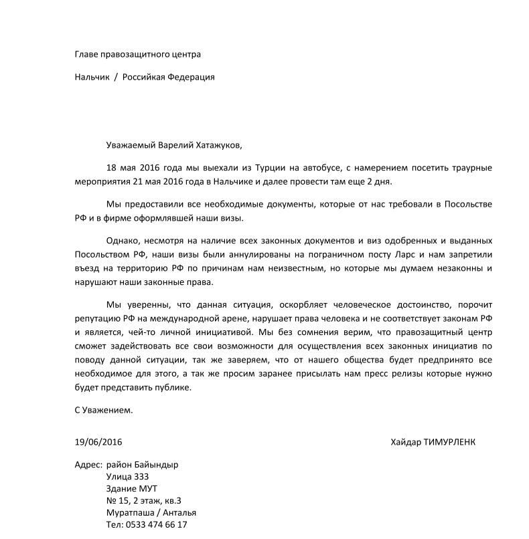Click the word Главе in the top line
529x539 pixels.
[88, 54]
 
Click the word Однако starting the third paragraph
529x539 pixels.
[123, 240]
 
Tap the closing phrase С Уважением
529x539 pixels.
[104, 410]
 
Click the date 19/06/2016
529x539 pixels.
[98, 443]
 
